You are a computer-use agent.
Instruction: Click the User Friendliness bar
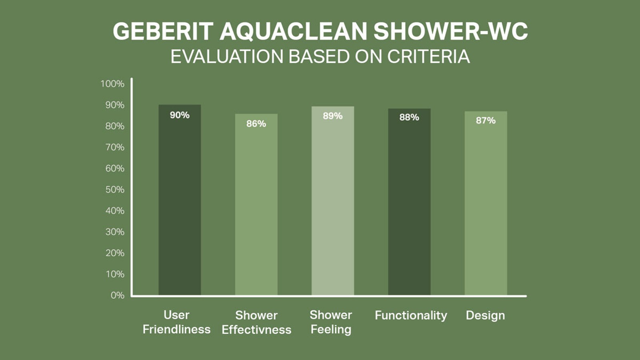click(180, 200)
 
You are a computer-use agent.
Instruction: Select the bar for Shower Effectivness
click(256, 204)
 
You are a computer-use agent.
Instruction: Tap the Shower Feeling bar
click(332, 200)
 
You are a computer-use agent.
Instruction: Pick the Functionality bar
click(409, 202)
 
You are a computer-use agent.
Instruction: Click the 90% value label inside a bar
click(180, 115)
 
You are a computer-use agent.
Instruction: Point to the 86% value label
click(256, 124)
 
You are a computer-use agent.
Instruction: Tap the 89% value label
click(332, 116)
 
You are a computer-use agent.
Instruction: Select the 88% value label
click(409, 117)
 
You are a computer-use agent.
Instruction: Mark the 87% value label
click(486, 120)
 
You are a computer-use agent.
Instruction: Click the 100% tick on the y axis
click(112, 84)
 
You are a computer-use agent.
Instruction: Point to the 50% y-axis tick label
click(115, 190)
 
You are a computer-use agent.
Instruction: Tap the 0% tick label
click(117, 295)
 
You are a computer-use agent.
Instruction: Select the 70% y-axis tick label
click(115, 147)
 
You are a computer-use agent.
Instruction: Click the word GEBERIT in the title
click(163, 31)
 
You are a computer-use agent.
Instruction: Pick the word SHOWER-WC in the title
click(450, 31)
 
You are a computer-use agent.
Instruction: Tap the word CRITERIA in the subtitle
click(428, 56)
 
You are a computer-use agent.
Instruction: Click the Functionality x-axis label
click(411, 315)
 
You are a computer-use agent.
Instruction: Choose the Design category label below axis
click(485, 315)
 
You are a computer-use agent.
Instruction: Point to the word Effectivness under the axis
click(256, 330)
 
